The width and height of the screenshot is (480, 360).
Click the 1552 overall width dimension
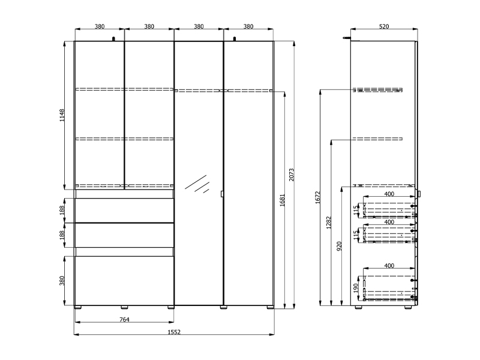pyautogui.click(x=174, y=332)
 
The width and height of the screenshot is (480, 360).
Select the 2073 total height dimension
pyautogui.click(x=292, y=175)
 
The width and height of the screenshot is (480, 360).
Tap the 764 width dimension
pyautogui.click(x=124, y=320)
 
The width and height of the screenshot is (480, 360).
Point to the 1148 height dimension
pyautogui.click(x=62, y=115)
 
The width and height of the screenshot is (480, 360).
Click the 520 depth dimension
pyautogui.click(x=384, y=26)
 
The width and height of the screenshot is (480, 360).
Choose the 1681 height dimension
pyautogui.click(x=282, y=200)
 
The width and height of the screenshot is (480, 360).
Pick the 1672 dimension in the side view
pyautogui.click(x=317, y=197)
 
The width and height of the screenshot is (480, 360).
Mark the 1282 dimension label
pyautogui.click(x=329, y=223)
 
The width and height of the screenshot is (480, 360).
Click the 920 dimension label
pyautogui.click(x=339, y=246)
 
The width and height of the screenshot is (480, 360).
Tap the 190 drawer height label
pyautogui.click(x=355, y=288)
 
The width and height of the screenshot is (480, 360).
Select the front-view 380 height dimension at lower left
pyautogui.click(x=62, y=281)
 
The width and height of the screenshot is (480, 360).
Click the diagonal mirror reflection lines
pyautogui.click(x=197, y=184)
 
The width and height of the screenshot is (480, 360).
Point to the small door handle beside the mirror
pyautogui.click(x=222, y=194)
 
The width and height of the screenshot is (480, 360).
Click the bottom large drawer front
pyautogui.click(x=124, y=280)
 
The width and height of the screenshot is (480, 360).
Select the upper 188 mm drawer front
pyautogui.click(x=124, y=211)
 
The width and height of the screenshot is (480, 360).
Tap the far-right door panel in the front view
pyautogui.click(x=248, y=173)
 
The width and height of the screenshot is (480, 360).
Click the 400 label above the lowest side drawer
pyautogui.click(x=389, y=266)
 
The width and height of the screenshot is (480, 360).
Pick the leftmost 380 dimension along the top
pyautogui.click(x=100, y=26)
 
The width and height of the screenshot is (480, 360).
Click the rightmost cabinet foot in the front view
pyautogui.click(x=270, y=307)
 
